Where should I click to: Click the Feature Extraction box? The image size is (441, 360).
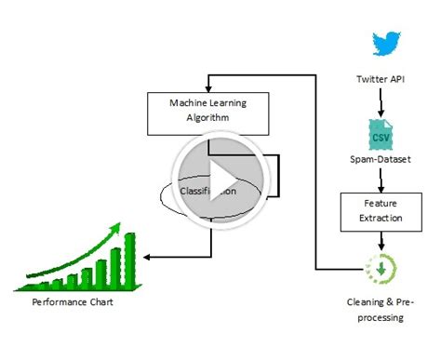[x=381, y=211]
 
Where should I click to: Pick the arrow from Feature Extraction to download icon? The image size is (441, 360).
[x=381, y=239]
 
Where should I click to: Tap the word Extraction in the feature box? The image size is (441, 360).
[x=381, y=219]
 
